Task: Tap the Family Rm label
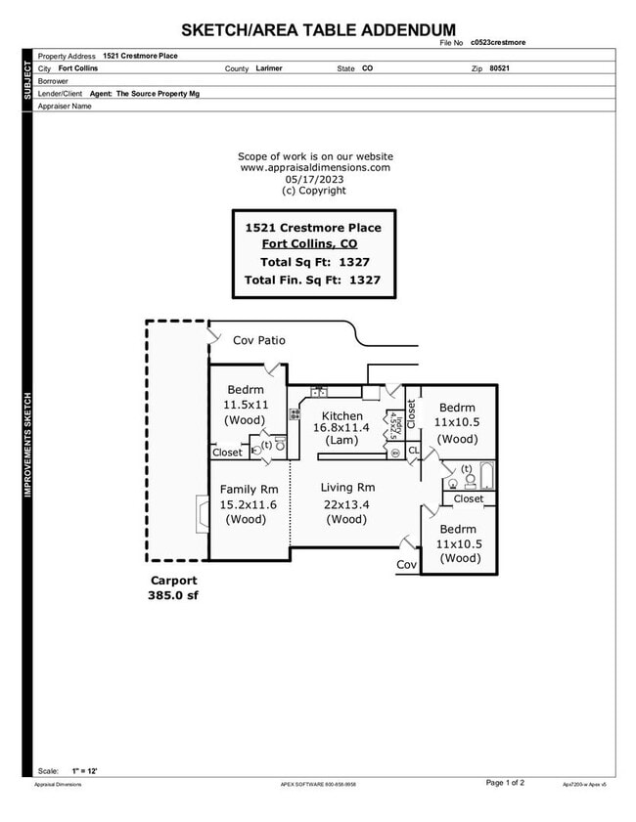click(x=250, y=489)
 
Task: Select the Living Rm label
click(x=347, y=488)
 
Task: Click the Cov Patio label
click(x=258, y=340)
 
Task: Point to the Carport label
click(x=172, y=580)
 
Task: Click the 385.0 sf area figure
click(x=172, y=594)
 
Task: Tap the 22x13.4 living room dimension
click(x=347, y=504)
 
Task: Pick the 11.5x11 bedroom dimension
click(x=246, y=405)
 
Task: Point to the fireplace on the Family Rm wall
click(x=202, y=512)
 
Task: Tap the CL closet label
click(x=412, y=451)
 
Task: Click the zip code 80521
click(x=499, y=68)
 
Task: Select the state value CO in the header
click(x=367, y=68)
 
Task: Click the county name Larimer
click(x=271, y=68)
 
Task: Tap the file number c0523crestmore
click(x=499, y=43)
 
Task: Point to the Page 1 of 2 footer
click(x=505, y=783)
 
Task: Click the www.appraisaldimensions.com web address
click(x=315, y=167)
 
